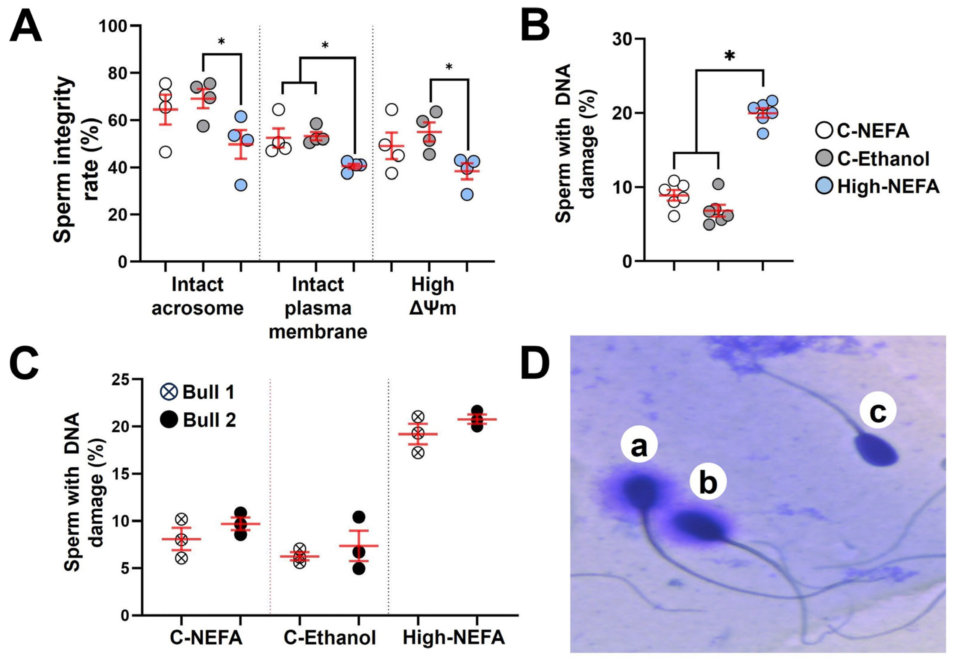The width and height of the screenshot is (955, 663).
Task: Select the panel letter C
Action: tap(24, 365)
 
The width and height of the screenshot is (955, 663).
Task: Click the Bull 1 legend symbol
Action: tap(169, 392)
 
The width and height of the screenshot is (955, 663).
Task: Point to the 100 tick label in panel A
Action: tap(113, 26)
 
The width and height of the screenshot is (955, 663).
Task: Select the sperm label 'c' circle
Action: tap(877, 410)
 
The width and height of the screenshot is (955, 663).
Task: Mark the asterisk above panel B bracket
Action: tap(729, 56)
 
